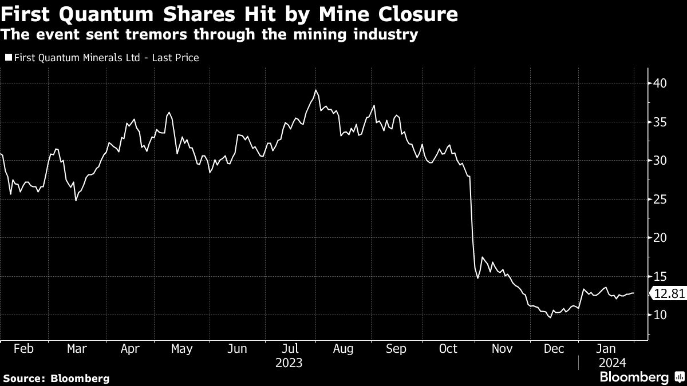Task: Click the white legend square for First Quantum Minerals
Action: (x=8, y=58)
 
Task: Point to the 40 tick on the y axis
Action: (x=660, y=83)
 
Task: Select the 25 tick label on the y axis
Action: (x=660, y=200)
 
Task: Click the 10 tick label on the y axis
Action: (x=660, y=315)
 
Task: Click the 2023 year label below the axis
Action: (x=289, y=363)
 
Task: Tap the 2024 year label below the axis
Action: (x=612, y=363)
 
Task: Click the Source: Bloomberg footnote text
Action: (x=56, y=378)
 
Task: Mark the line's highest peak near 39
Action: (x=315, y=90)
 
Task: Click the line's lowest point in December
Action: (x=551, y=317)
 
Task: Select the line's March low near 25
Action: (x=76, y=200)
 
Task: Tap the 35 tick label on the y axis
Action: (x=660, y=122)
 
